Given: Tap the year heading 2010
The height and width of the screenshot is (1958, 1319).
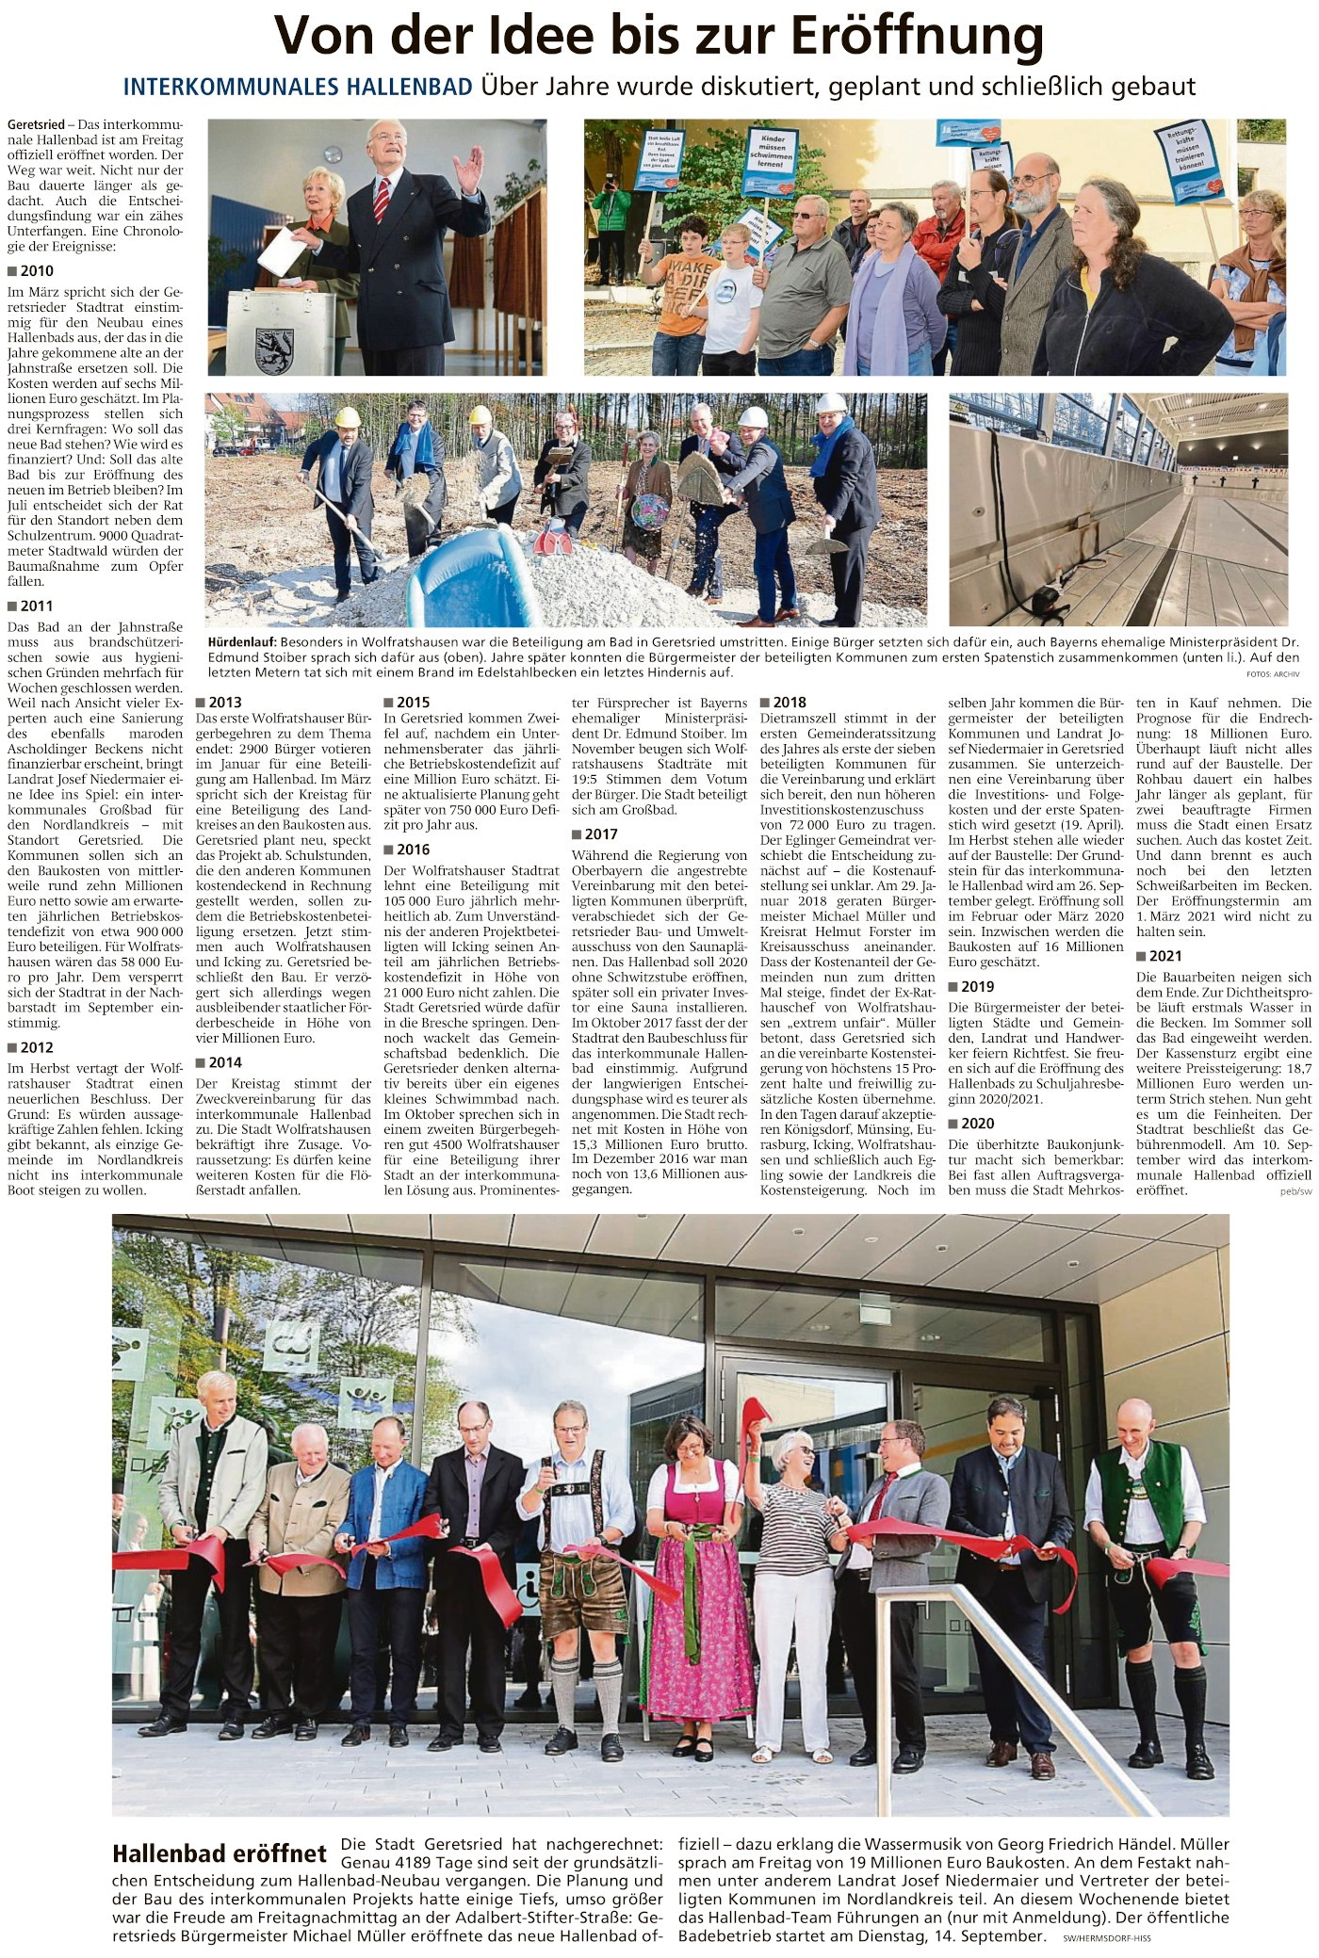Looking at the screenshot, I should [x=37, y=271].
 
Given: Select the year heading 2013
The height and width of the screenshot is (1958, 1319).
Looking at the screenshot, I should [x=225, y=702].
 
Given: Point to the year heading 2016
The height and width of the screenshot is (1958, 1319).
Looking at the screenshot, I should [x=414, y=850].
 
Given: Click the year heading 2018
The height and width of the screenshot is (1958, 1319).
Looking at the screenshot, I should [x=790, y=702].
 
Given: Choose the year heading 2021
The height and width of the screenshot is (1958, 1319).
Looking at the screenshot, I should [x=1165, y=956].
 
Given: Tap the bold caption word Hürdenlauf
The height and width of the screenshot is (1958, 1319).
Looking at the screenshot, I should [x=242, y=640].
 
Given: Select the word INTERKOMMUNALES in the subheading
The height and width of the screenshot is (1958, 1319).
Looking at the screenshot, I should [x=298, y=88].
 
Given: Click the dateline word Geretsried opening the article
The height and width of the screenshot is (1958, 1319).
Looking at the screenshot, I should [x=38, y=125].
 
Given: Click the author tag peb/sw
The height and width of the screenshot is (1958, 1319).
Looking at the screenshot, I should [x=1295, y=1191].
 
